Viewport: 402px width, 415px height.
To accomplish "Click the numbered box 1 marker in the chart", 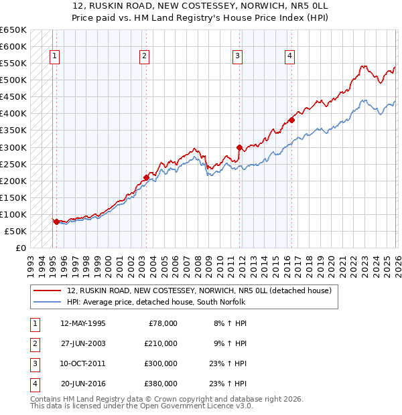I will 54,57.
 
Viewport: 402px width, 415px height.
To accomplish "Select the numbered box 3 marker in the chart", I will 237,57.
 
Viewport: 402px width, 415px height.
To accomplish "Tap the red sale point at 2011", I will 239,147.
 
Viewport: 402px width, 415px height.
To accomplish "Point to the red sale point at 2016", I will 291,120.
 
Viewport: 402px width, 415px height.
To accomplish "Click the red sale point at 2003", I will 146,177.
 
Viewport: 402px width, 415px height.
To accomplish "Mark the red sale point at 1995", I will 56,221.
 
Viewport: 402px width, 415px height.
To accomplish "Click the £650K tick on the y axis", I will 13,30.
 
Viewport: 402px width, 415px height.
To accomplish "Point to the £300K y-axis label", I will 13,147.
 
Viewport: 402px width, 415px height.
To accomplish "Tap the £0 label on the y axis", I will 20,248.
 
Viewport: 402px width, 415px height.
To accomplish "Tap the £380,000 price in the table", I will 160,384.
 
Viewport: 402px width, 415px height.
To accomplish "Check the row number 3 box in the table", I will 34,363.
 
